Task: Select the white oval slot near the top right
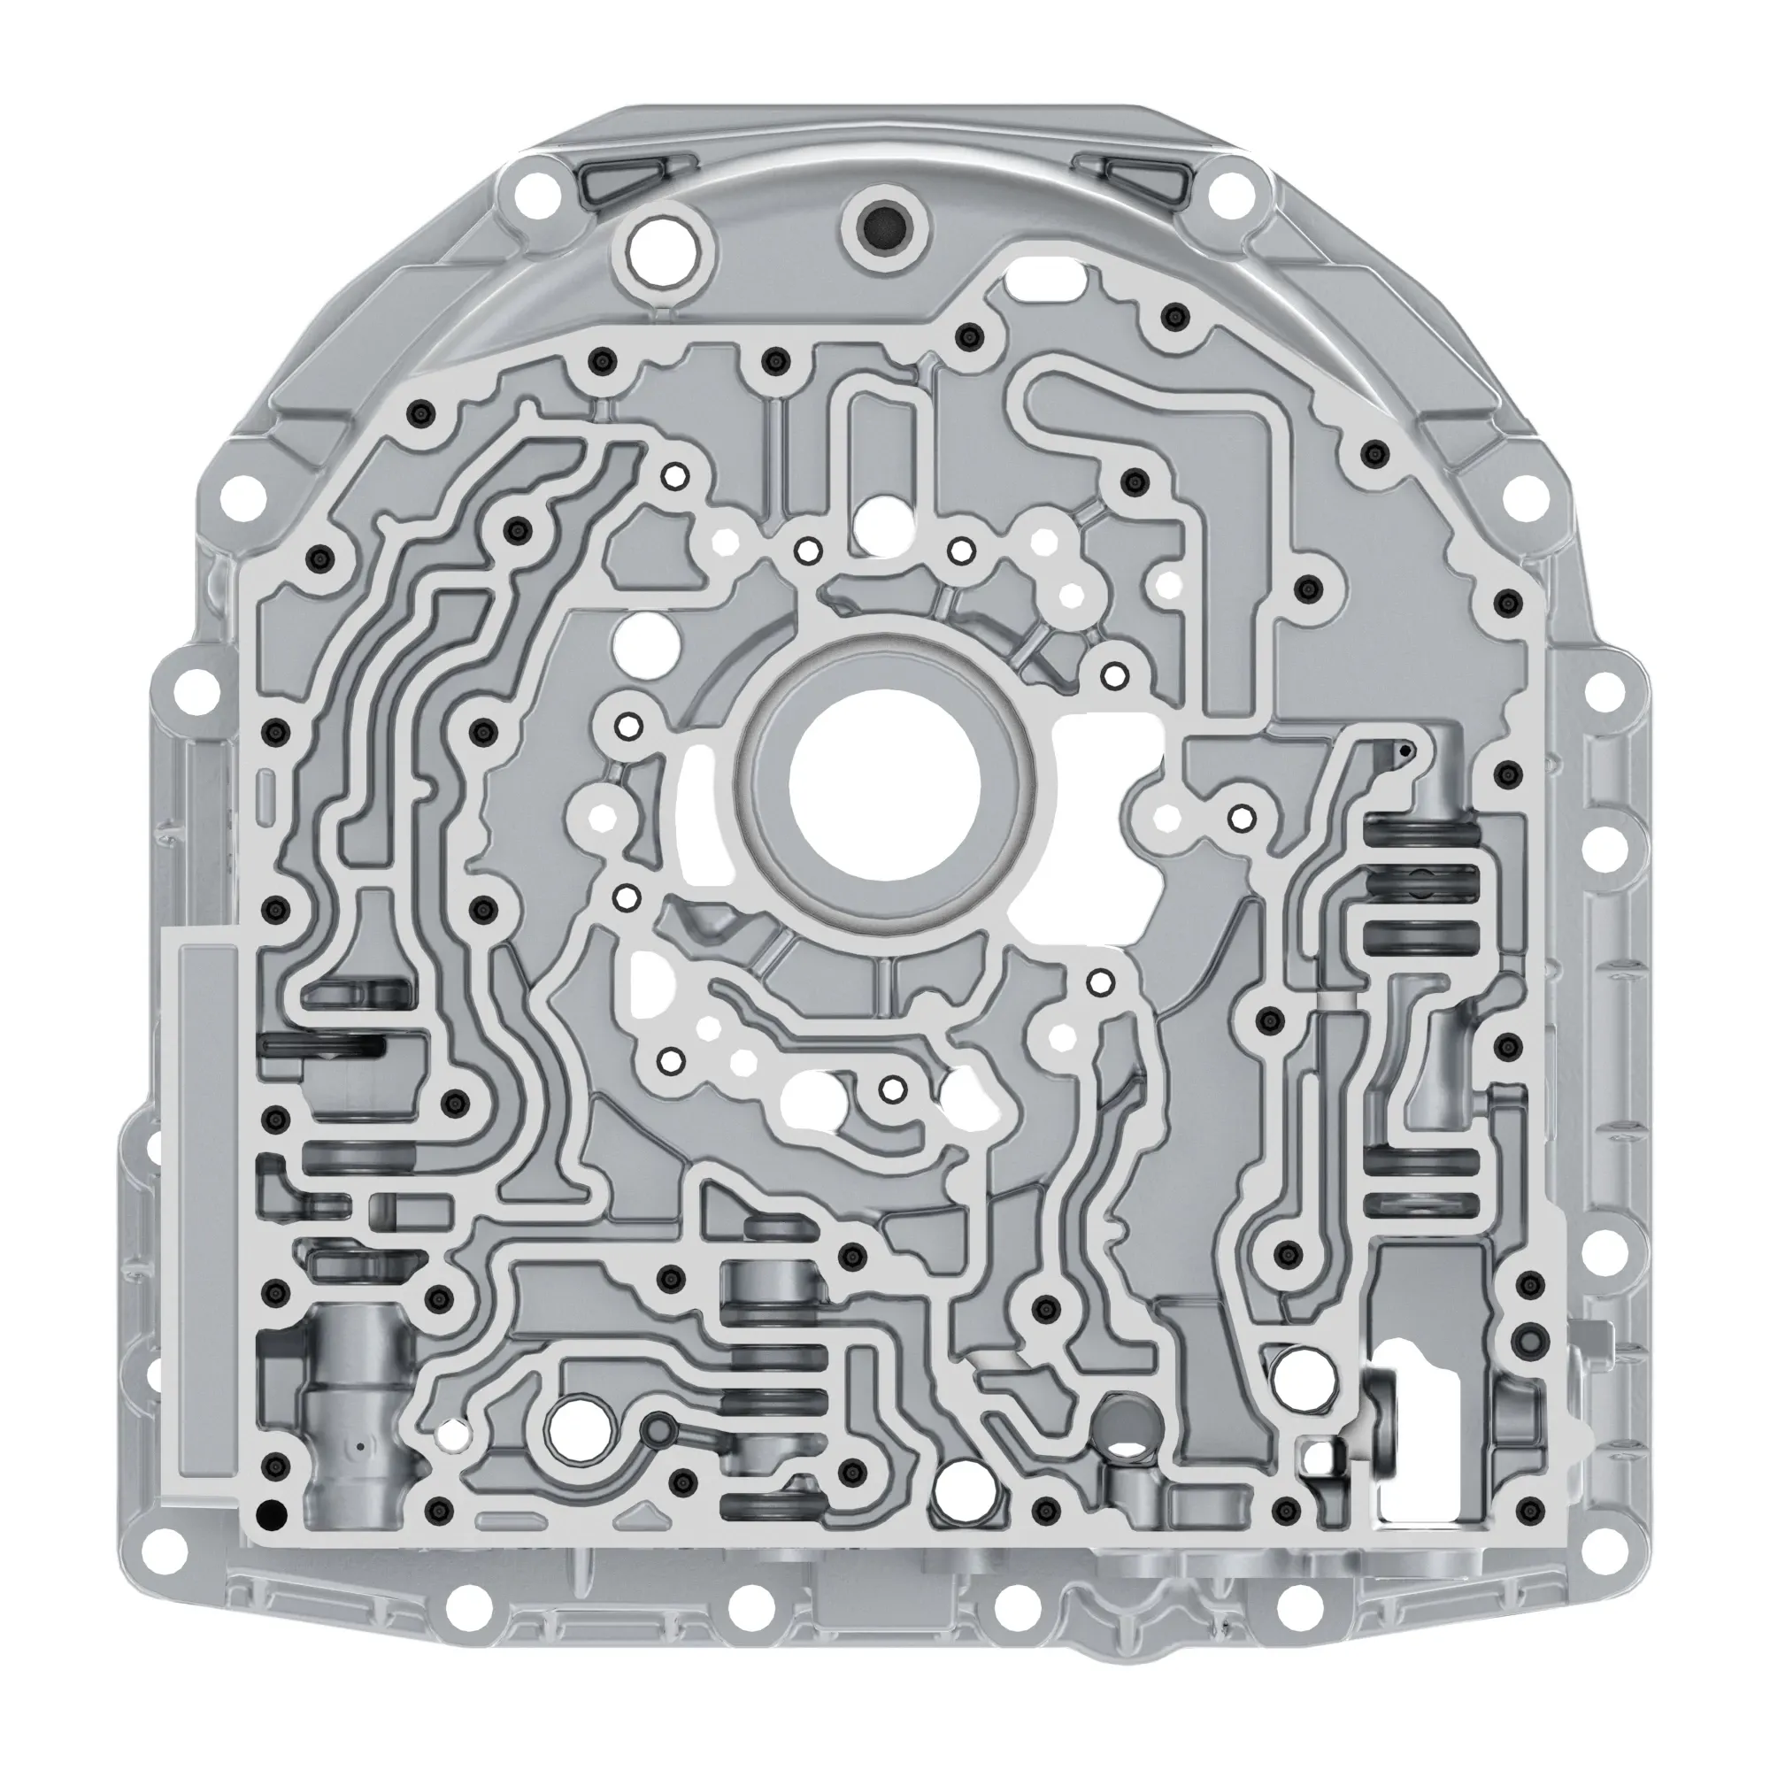pyautogui.click(x=1044, y=272)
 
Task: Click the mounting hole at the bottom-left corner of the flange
pyautogui.click(x=168, y=1548)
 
